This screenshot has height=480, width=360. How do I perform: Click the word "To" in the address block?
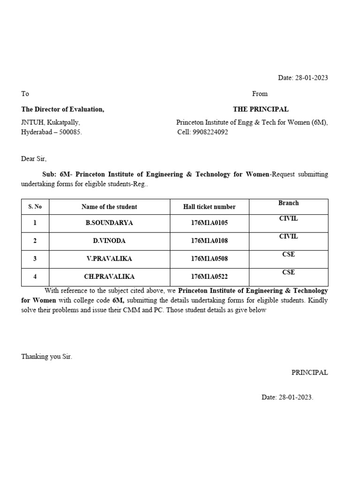pyautogui.click(x=25, y=94)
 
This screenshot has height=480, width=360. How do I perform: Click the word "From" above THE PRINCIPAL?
pyautogui.click(x=260, y=94)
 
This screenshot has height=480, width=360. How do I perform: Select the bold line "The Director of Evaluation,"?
pyautogui.click(x=63, y=109)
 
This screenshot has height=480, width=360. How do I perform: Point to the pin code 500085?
pyautogui.click(x=69, y=132)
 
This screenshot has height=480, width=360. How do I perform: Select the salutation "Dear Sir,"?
pyautogui.click(x=34, y=158)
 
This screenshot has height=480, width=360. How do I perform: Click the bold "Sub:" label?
pyautogui.click(x=49, y=174)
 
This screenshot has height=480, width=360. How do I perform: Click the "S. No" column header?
pyautogui.click(x=35, y=207)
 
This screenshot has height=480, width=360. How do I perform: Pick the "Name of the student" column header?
pyautogui.click(x=109, y=207)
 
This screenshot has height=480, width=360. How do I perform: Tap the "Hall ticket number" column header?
pyautogui.click(x=209, y=207)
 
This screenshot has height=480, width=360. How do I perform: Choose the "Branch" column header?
pyautogui.click(x=288, y=203)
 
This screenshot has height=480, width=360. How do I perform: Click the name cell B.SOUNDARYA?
pyautogui.click(x=109, y=223)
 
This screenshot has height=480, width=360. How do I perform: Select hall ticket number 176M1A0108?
pyautogui.click(x=209, y=241)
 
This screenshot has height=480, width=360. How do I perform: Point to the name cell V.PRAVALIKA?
pyautogui.click(x=109, y=259)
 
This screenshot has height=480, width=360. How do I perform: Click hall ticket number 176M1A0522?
pyautogui.click(x=209, y=277)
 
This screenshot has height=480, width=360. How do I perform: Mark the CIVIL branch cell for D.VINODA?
pyautogui.click(x=288, y=237)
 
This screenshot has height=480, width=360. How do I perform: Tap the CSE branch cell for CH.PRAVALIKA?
pyautogui.click(x=288, y=272)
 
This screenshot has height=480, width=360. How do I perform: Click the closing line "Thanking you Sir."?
pyautogui.click(x=47, y=357)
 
